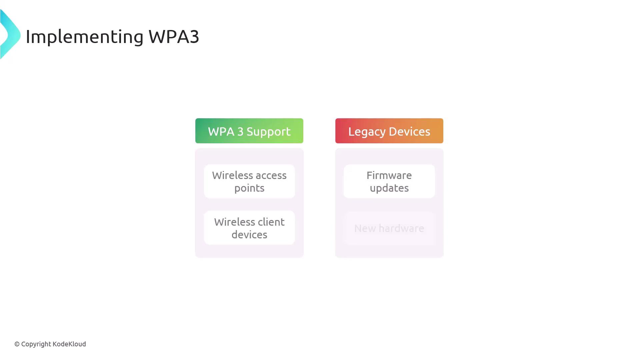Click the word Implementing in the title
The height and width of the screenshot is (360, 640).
tap(84, 37)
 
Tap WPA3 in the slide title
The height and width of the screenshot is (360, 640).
tap(174, 36)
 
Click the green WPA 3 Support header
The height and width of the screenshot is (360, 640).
tap(249, 131)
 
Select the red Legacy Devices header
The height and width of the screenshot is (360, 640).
tap(389, 131)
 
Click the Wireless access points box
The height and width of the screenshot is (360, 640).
tap(249, 181)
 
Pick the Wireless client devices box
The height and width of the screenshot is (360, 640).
tap(249, 228)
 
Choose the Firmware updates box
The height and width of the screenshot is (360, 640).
tap(389, 181)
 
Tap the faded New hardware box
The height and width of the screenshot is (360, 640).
tap(389, 228)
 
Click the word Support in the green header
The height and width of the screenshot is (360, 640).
tap(268, 132)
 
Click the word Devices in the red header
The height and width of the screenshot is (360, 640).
tap(409, 131)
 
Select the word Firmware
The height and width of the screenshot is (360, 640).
tap(389, 175)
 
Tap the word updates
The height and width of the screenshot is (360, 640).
tap(389, 188)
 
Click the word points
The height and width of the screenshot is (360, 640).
tap(249, 188)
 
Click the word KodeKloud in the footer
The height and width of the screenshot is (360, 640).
tap(69, 344)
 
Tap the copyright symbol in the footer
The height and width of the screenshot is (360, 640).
tap(17, 344)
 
